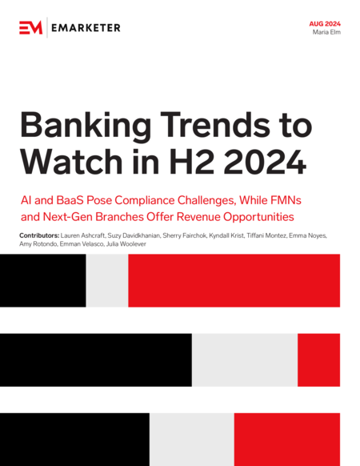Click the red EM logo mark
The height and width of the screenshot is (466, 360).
tap(31, 28)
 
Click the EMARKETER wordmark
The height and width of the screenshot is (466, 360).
tap(86, 28)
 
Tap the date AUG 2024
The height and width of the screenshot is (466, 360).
tap(325, 24)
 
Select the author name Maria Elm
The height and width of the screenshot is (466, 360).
tap(326, 32)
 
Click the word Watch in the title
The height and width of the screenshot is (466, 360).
tap(71, 161)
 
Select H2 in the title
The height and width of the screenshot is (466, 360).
tap(193, 161)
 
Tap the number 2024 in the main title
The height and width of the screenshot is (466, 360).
tap(265, 161)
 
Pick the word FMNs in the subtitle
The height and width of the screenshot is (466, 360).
tap(286, 200)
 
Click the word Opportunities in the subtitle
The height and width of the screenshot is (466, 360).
tap(258, 218)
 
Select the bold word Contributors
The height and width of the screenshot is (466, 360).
tap(39, 235)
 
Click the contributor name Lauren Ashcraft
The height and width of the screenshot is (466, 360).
tap(82, 235)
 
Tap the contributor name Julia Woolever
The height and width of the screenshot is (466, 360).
tap(126, 244)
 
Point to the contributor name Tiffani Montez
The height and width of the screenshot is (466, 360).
tap(266, 235)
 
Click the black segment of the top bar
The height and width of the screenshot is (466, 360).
tap(43, 280)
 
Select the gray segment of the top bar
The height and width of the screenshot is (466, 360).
tap(107, 280)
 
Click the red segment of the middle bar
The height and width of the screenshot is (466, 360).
tap(318, 360)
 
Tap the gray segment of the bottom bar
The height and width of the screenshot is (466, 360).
tap(192, 440)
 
